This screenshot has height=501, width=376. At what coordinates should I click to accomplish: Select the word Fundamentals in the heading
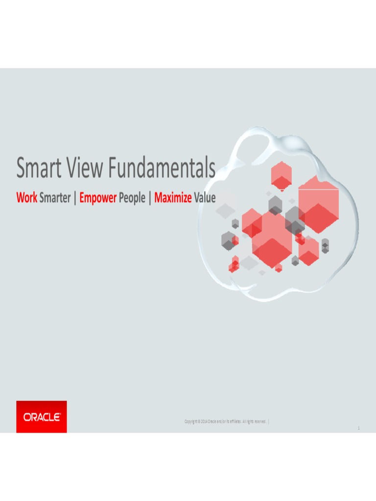click(x=162, y=168)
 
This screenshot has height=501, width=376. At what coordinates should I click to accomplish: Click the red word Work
click(x=26, y=198)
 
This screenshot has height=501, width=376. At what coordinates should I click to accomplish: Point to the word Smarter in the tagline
click(x=55, y=198)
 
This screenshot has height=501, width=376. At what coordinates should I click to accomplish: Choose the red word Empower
click(x=98, y=198)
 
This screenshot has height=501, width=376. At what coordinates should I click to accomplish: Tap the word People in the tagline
click(x=132, y=198)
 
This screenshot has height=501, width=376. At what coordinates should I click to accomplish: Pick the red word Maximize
click(x=173, y=198)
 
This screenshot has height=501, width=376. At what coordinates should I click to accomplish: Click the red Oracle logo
click(x=42, y=417)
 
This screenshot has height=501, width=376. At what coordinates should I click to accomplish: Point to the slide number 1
click(x=358, y=429)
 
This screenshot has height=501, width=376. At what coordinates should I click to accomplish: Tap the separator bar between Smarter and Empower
click(x=75, y=198)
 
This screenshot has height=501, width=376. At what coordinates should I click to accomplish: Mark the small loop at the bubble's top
click(x=255, y=142)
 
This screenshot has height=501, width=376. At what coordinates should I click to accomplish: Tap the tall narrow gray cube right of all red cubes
click(x=325, y=246)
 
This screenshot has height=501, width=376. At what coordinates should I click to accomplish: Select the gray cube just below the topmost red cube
click(x=275, y=205)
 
